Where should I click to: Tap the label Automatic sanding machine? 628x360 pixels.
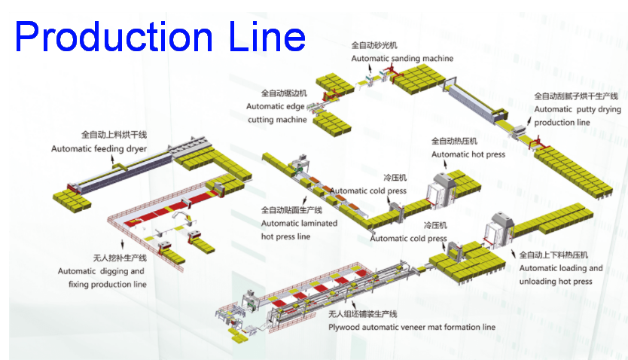402,58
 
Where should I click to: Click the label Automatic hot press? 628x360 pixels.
467,154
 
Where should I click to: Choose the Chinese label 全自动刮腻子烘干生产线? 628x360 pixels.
576,96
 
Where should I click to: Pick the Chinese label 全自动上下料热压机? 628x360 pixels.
553,255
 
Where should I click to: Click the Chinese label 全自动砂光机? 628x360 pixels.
375,45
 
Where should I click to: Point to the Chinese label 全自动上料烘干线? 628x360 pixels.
114,135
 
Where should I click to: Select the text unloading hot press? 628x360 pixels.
556,282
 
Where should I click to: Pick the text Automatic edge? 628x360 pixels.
276,106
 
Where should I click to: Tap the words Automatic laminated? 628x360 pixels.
299,223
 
